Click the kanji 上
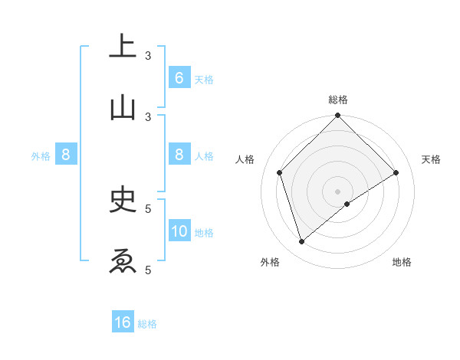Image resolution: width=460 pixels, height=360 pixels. click(x=123, y=47)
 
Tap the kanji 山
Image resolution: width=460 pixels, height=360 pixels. click(x=123, y=108)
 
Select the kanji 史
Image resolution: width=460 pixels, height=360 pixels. click(x=123, y=200)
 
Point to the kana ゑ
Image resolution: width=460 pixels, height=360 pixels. click(x=123, y=261)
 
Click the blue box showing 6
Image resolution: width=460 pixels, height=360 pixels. click(x=179, y=78)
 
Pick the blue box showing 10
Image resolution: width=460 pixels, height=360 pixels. click(x=179, y=231)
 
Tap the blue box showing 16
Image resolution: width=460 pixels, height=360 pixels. click(x=123, y=322)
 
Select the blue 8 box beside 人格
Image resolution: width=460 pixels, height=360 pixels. click(x=179, y=155)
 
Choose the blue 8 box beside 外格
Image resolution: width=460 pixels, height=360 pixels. click(x=66, y=155)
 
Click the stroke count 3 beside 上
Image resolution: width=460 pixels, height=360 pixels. click(x=148, y=56)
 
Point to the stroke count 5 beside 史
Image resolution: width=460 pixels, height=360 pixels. click(x=148, y=208)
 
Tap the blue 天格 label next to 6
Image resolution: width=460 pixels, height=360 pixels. click(x=204, y=80)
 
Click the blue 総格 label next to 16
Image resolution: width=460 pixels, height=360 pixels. click(x=148, y=324)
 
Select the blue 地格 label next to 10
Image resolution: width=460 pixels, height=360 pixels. click(x=204, y=233)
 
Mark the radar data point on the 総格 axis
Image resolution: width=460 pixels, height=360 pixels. click(x=337, y=116)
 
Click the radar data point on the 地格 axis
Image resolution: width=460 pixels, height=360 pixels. click(x=347, y=204)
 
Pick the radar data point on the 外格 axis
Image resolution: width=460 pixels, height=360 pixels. click(x=301, y=242)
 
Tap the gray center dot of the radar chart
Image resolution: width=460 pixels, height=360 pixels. click(x=337, y=191)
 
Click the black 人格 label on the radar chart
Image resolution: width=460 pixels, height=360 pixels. click(x=245, y=159)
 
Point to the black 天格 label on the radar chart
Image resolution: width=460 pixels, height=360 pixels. click(x=431, y=159)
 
